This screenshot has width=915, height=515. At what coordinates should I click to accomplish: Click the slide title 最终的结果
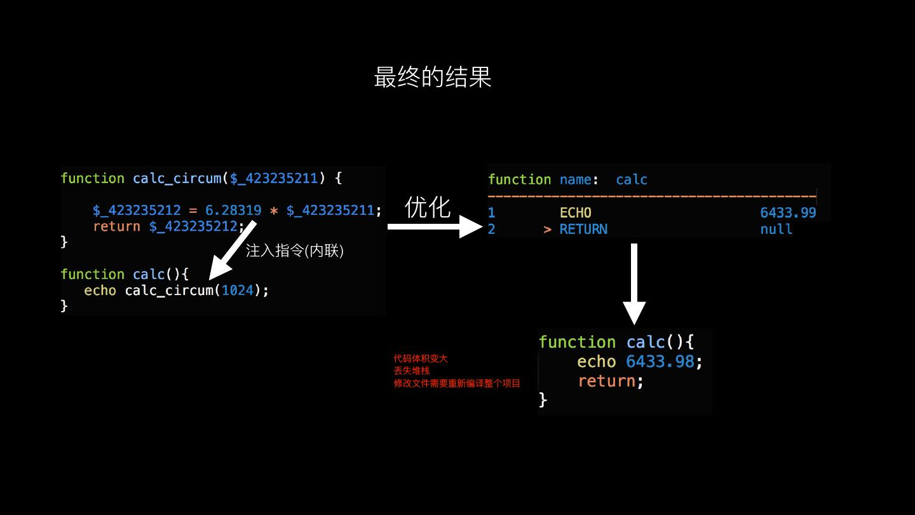tap(433, 77)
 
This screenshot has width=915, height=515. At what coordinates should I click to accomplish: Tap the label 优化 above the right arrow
tap(428, 207)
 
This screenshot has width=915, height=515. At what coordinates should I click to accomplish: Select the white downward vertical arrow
tap(634, 284)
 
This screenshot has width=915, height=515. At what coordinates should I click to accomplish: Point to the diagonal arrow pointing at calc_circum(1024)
tap(232, 250)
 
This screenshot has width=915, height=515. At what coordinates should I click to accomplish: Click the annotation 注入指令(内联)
tap(294, 251)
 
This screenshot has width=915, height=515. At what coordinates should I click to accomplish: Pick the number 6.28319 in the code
tap(233, 210)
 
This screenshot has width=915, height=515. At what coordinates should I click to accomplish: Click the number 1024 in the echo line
tap(237, 291)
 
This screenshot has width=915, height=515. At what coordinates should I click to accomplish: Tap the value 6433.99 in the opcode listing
tap(788, 213)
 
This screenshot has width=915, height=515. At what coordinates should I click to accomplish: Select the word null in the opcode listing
tap(776, 230)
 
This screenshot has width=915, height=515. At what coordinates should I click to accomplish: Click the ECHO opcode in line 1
tap(575, 213)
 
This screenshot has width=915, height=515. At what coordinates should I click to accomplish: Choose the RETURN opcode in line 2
tap(583, 230)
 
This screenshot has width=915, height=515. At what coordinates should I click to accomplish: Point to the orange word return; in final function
tap(610, 381)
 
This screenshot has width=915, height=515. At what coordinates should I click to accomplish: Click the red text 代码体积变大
tap(421, 359)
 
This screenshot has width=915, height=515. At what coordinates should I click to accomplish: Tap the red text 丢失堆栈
tap(412, 371)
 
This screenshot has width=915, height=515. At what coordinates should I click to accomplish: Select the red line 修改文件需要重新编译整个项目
tap(457, 383)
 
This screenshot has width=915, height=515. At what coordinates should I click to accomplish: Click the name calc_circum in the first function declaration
tap(177, 179)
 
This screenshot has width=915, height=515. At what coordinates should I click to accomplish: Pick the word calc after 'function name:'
tap(632, 180)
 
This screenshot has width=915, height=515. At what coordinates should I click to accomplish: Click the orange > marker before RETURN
tap(548, 230)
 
